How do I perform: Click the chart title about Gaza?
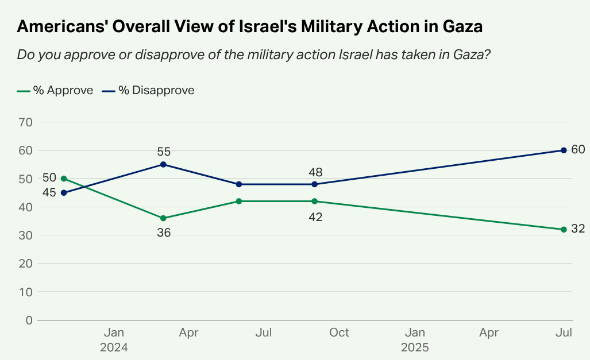[249, 27]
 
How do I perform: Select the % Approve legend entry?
[55, 90]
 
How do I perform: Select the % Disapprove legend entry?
[148, 90]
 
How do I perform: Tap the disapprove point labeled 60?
[564, 150]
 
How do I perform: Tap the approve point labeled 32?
[564, 230]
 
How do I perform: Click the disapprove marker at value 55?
[163, 164]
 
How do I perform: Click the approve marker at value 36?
[163, 218]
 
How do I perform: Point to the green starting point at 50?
[64, 179]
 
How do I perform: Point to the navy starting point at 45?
[64, 193]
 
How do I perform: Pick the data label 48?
[315, 172]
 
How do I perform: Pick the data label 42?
[315, 217]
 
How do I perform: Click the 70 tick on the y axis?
[26, 122]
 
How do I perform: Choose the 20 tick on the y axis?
[26, 264]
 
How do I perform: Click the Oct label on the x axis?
[340, 333]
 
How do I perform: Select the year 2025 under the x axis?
[415, 347]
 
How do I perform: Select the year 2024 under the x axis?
[114, 347]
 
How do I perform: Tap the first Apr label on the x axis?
[188, 333]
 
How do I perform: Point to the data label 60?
[579, 150]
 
